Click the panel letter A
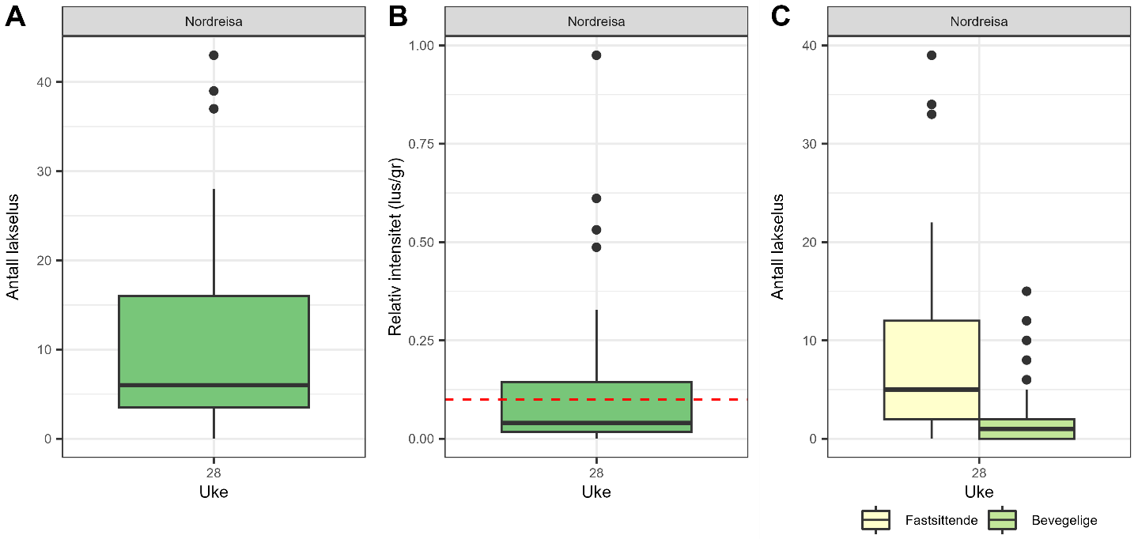tap(15, 17)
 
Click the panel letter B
tap(398, 17)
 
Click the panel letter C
tap(781, 17)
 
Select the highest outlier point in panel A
tap(214, 55)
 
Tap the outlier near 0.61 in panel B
tap(596, 198)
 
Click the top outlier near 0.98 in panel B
tap(596, 55)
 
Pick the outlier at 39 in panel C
tap(932, 55)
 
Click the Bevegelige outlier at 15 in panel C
tap(1026, 292)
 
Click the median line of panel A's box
tap(214, 385)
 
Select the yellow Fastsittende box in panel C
tap(932, 356)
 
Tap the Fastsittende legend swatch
tap(876, 520)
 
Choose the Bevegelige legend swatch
tap(1003, 520)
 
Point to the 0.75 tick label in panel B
tap(421, 144)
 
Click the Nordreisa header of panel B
tap(596, 21)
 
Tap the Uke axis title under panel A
tap(214, 492)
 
